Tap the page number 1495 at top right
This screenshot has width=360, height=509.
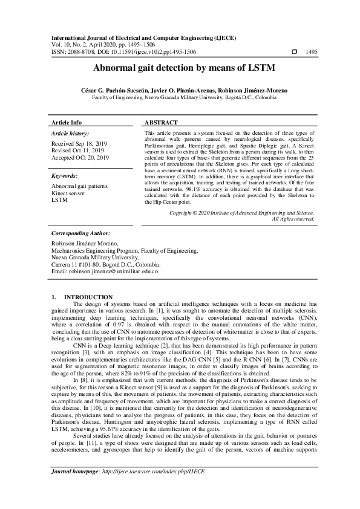click(x=312, y=53)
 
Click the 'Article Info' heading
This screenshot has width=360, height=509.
click(x=67, y=122)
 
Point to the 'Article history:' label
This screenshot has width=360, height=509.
click(x=71, y=133)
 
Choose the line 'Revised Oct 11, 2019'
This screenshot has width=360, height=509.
click(x=77, y=151)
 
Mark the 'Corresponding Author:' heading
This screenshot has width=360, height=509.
click(x=81, y=232)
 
